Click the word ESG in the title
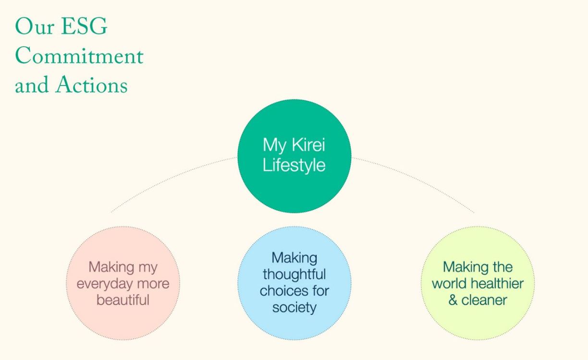click(84, 26)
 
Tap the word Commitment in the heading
click(79, 55)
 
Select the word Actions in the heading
click(92, 84)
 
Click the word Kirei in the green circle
click(308, 144)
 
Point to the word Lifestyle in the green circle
click(294, 165)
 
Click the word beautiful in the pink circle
click(123, 300)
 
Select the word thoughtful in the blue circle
click(294, 274)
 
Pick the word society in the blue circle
click(294, 308)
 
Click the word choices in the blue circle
click(283, 291)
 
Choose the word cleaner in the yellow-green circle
click(484, 300)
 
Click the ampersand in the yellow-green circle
click(453, 300)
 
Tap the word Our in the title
click(35, 26)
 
